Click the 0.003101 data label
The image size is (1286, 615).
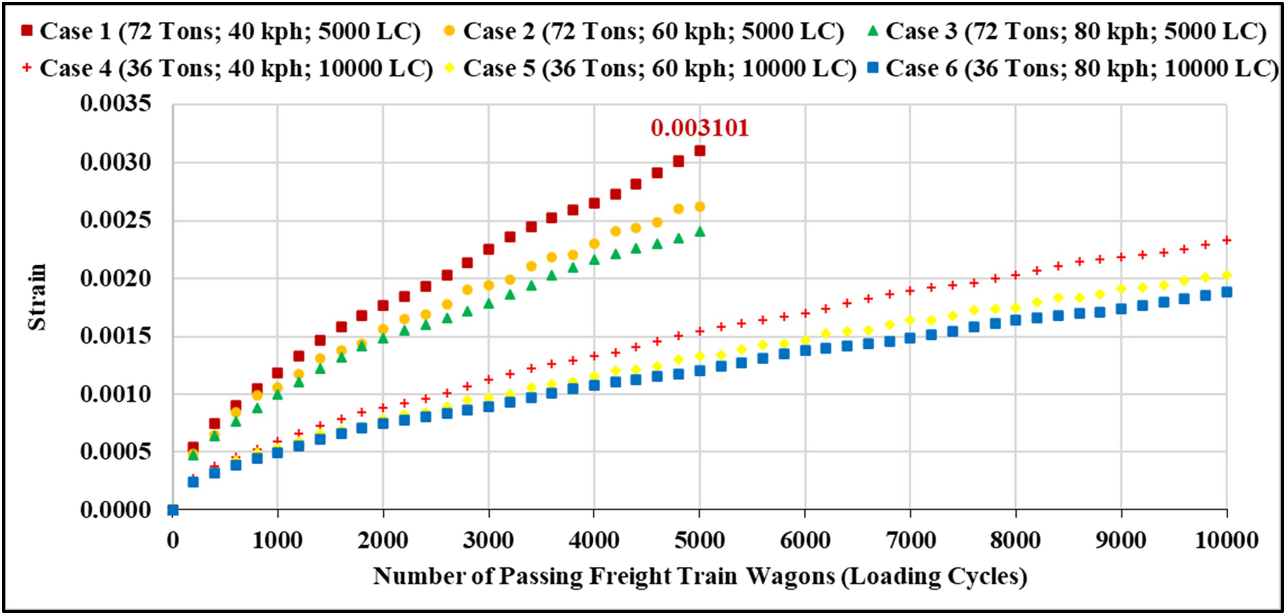[x=700, y=128]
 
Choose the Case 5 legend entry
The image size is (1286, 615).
[x=651, y=68]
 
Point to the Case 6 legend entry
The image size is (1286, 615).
[x=1073, y=68]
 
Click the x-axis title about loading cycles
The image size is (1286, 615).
[x=700, y=576]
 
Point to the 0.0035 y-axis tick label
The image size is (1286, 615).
[x=115, y=104]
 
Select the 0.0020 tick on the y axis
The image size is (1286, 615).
[x=115, y=278]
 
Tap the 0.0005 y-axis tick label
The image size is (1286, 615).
[x=115, y=452]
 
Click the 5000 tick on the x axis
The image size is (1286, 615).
[x=700, y=540]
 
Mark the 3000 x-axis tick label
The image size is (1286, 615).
[x=489, y=540]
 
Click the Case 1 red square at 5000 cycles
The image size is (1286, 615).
[x=700, y=150]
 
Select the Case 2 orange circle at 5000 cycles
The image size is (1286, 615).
[x=700, y=206]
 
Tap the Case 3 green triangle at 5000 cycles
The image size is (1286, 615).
[x=700, y=231]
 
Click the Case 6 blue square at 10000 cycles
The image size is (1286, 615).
[x=1226, y=292]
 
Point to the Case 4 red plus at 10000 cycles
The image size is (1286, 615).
[x=1226, y=240]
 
